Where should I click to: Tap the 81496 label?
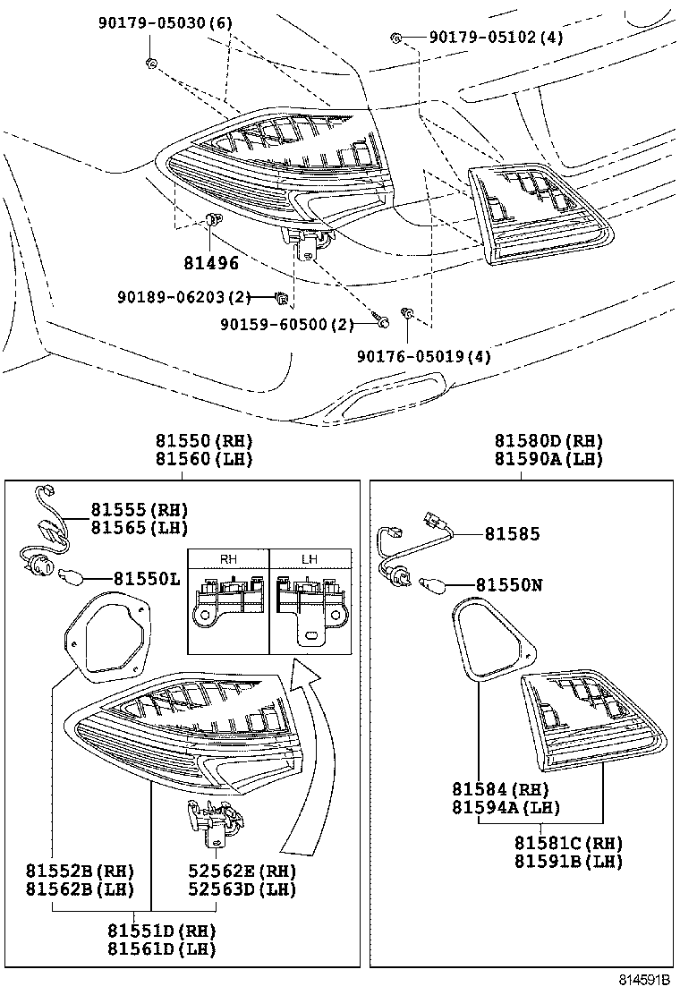(x=211, y=264)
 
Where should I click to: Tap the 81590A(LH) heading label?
(x=548, y=459)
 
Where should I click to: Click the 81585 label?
(x=513, y=534)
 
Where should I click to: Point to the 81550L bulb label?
(x=148, y=579)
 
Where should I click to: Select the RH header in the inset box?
(x=228, y=559)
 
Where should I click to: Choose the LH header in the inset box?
(x=309, y=559)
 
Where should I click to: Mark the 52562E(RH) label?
(x=242, y=871)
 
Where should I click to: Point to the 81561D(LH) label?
(x=161, y=949)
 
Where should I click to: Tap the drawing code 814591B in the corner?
(x=643, y=982)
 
